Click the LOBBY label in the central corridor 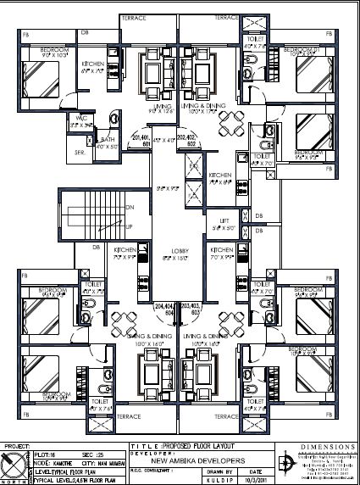(178, 252)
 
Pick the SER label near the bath (80, 152)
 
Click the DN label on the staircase (129, 207)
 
